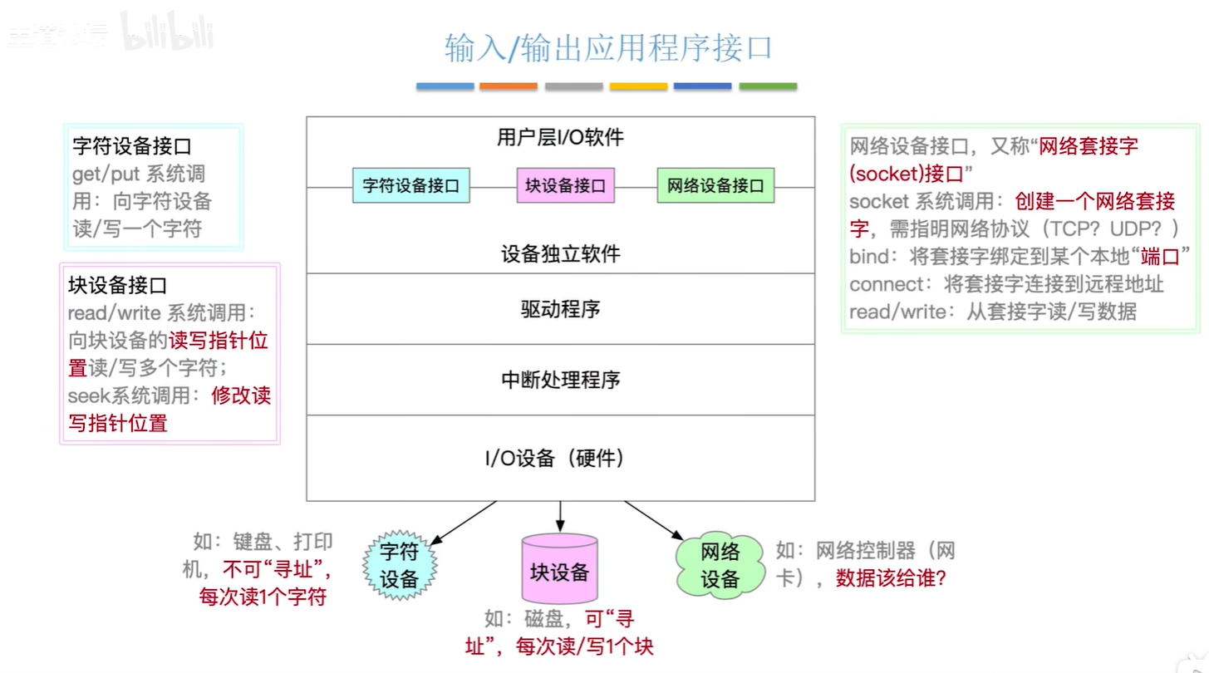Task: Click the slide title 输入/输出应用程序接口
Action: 608,48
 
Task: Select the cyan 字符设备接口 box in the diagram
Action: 410,186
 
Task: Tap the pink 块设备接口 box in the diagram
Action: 565,186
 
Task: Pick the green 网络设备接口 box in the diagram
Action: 715,186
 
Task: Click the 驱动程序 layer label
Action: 560,309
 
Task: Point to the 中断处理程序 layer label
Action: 560,381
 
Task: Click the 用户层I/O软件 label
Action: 560,138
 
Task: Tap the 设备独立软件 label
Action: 560,253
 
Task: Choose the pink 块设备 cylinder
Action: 559,570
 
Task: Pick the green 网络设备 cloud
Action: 720,566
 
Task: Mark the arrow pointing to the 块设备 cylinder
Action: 560,517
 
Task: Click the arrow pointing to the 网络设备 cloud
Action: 654,518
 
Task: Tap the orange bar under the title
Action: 509,86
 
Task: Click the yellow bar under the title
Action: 638,86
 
